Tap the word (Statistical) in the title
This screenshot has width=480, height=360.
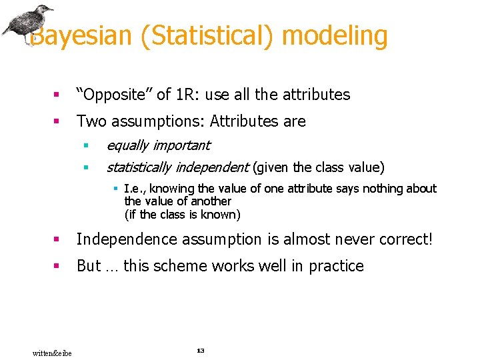pyautogui.click(x=207, y=36)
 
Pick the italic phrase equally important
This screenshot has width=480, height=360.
pyautogui.click(x=158, y=145)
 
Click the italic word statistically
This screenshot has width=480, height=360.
pyautogui.click(x=139, y=167)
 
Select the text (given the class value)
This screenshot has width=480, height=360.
pyautogui.click(x=319, y=167)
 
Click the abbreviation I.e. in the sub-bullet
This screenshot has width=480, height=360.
pyautogui.click(x=135, y=189)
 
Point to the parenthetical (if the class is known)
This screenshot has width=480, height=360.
pyautogui.click(x=182, y=215)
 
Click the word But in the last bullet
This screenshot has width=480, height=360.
pyautogui.click(x=89, y=266)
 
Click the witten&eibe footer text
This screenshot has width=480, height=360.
pyautogui.click(x=52, y=353)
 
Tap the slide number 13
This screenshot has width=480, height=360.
pyautogui.click(x=200, y=351)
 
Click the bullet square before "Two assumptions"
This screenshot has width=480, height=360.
pyautogui.click(x=57, y=122)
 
